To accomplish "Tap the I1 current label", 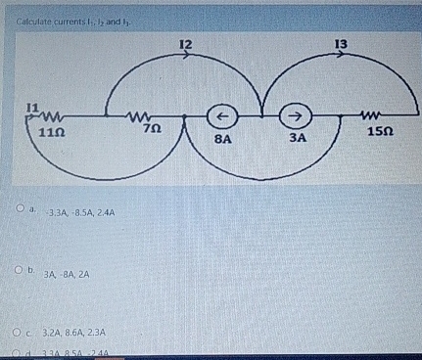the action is pyautogui.click(x=32, y=105).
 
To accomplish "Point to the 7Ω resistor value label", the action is pyautogui.click(x=151, y=127).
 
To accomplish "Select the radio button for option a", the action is pyautogui.click(x=20, y=209).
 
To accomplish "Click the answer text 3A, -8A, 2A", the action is pyautogui.click(x=66, y=274).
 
